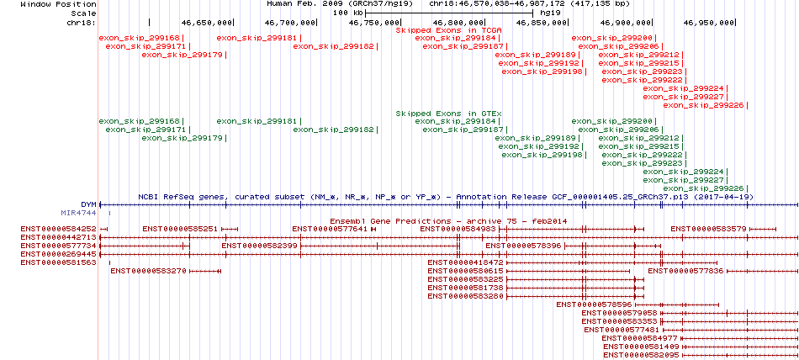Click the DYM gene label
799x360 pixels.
pos(88,204)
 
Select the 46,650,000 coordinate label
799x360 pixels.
pos(206,23)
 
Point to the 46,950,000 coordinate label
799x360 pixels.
pos(709,23)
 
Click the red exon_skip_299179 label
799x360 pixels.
pos(183,55)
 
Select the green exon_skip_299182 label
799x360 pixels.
pos(334,130)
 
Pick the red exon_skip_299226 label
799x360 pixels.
pos(704,105)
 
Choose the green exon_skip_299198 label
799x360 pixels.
pos(542,155)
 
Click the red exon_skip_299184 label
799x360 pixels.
pos(456,38)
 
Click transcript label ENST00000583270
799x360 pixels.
pos(148,271)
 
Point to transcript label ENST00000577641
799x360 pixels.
pos(330,229)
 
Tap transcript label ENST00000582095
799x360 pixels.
pos(641,354)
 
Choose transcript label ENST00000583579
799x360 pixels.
pos(708,229)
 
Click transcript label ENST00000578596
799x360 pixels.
pos(594,304)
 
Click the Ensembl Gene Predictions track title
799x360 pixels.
pos(448,220)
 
